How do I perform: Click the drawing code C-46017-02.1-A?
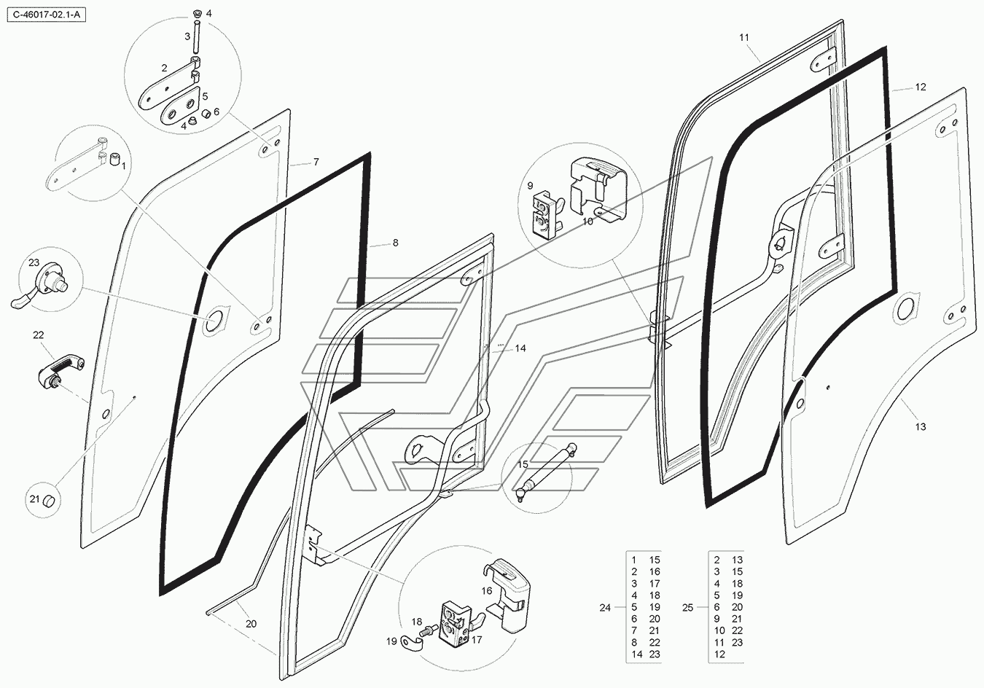[x=44, y=14]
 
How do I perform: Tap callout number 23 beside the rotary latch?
[x=34, y=262]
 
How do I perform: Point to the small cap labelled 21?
[x=50, y=501]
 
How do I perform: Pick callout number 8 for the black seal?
[x=396, y=243]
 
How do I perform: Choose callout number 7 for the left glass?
[x=316, y=162]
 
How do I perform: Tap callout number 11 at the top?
[x=743, y=37]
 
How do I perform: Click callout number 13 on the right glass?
[x=921, y=426]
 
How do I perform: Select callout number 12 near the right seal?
[x=921, y=87]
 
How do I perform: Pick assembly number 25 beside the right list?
[x=687, y=607]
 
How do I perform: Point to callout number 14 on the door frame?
[x=520, y=348]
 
